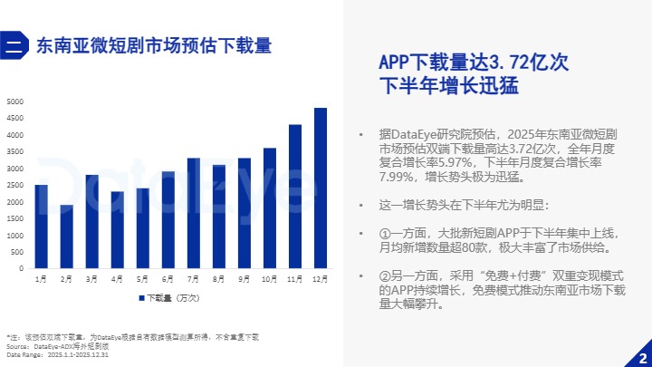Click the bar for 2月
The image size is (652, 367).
[x=66, y=237]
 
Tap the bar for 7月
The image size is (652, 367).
[x=193, y=213]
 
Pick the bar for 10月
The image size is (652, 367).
[x=270, y=208]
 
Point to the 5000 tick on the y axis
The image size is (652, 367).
[x=15, y=101]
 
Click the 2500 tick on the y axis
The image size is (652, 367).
[x=15, y=185]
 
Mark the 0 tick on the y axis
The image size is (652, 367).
[x=22, y=269]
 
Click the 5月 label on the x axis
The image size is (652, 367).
[x=142, y=280]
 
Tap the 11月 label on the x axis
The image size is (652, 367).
[x=295, y=280]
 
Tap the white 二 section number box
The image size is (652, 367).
[x=14, y=44]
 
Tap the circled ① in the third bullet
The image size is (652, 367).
[x=385, y=233]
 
